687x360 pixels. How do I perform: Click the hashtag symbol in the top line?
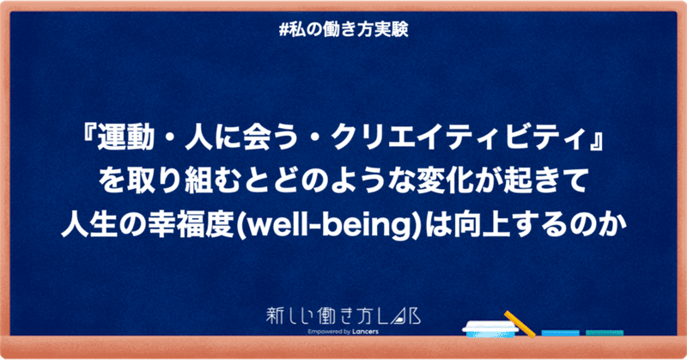pyautogui.click(x=283, y=29)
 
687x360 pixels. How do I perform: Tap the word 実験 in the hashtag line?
pyautogui.click(x=393, y=29)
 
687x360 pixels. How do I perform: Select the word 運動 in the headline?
pyautogui.click(x=119, y=139)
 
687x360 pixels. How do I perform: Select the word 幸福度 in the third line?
pyautogui.click(x=202, y=226)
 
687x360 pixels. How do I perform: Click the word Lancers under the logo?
pyautogui.click(x=365, y=332)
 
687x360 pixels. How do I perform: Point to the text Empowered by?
pyautogui.click(x=329, y=332)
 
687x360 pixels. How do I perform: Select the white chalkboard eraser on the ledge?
pyautogui.click(x=490, y=328)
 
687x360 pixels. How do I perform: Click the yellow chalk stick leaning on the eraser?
pyautogui.click(x=520, y=325)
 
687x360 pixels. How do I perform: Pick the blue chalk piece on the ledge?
pyautogui.click(x=561, y=333)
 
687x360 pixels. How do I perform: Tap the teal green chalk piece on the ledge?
pyautogui.click(x=605, y=333)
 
